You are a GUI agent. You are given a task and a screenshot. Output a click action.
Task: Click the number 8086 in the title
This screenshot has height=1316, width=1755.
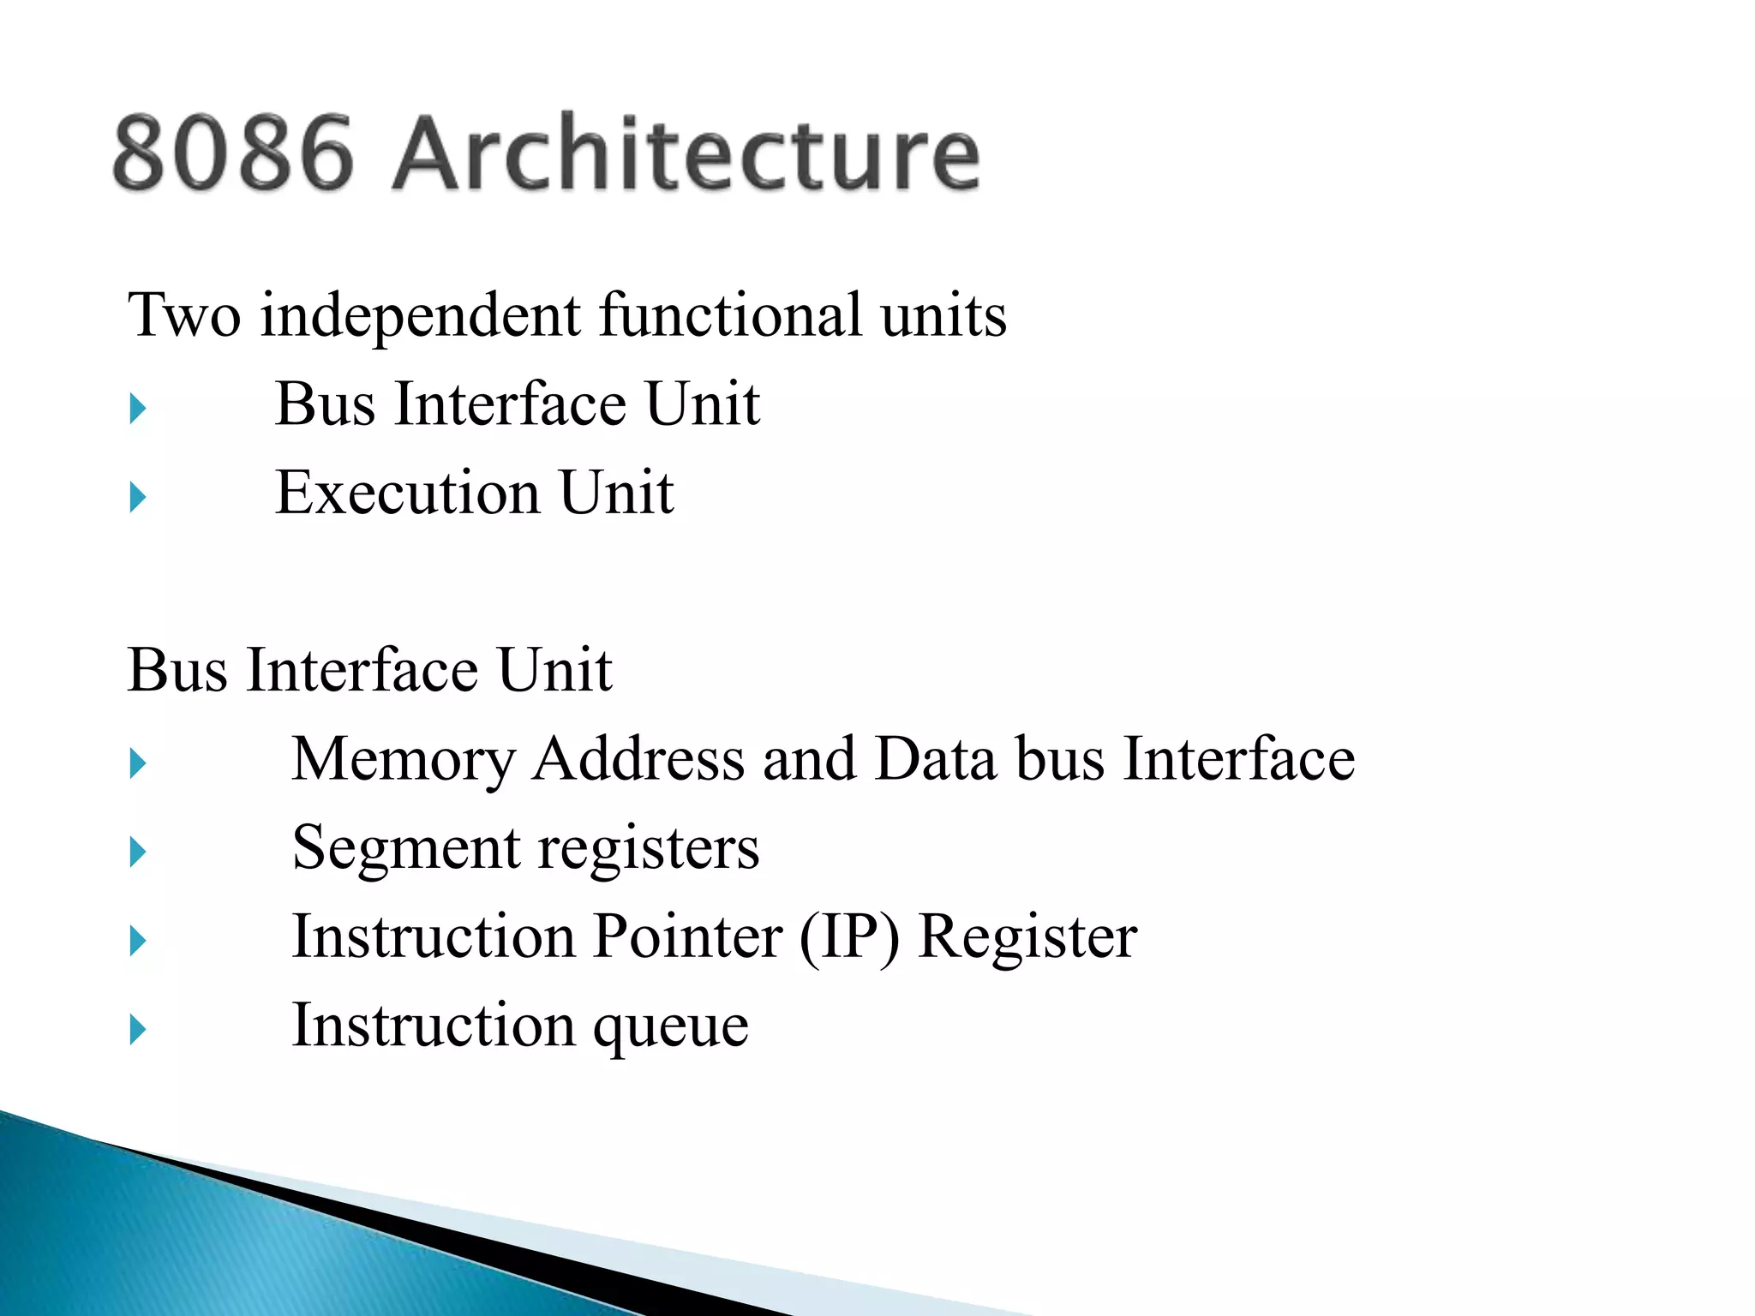[232, 153]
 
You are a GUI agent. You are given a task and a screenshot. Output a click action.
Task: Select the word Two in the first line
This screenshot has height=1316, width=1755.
[184, 315]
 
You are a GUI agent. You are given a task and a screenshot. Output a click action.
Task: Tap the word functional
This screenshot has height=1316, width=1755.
[730, 315]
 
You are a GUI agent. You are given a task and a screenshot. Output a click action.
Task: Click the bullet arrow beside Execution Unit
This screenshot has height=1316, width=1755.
[138, 497]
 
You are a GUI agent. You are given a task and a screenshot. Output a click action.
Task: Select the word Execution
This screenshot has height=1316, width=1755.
[407, 493]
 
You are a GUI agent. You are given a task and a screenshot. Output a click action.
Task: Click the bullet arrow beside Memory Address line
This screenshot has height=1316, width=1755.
[138, 763]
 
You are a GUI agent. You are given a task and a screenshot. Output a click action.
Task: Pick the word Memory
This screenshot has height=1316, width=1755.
[403, 759]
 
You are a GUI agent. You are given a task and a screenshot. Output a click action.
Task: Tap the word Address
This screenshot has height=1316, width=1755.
[638, 759]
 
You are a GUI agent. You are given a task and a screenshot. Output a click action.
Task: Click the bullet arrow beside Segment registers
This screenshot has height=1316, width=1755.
[138, 852]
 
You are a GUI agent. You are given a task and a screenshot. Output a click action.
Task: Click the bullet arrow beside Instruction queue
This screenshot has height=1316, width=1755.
[138, 1029]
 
